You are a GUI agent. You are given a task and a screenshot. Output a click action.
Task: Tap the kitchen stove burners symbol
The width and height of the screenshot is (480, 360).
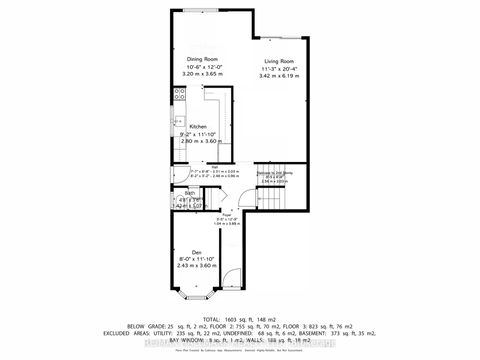click(x=180, y=95)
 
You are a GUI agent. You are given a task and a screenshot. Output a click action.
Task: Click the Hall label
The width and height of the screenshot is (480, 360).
click(x=215, y=166)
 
